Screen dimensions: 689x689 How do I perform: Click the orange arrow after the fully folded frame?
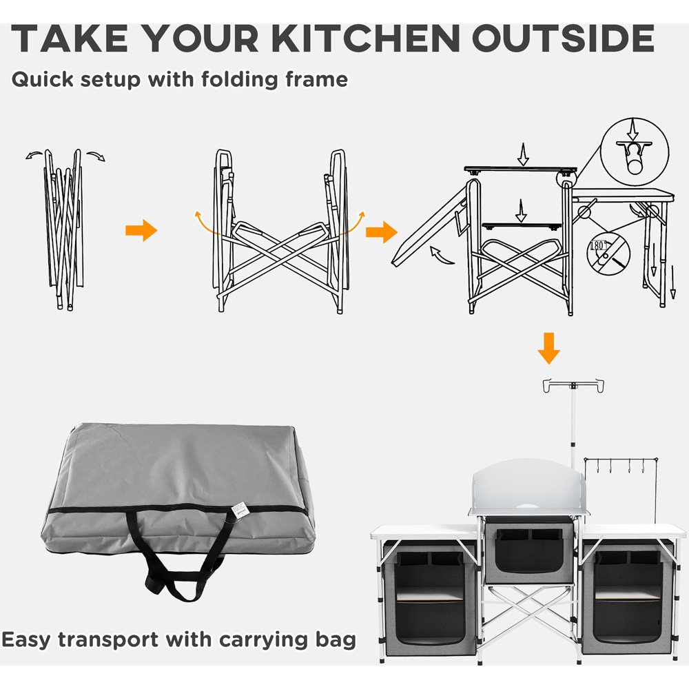click(x=141, y=231)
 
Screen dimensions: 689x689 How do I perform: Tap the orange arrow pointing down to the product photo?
click(x=549, y=348)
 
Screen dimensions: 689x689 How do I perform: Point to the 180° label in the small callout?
click(x=597, y=246)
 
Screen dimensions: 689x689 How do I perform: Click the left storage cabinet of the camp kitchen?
click(x=424, y=595)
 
